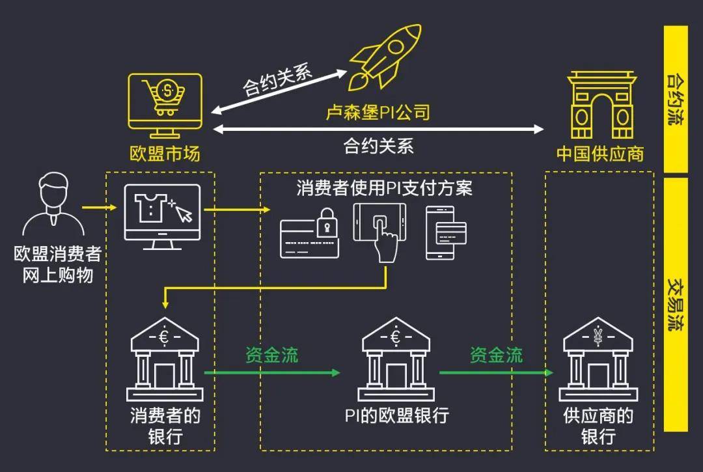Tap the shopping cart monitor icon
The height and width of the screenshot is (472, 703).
pyautogui.click(x=165, y=105)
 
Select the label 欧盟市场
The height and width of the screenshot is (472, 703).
pyautogui.click(x=165, y=154)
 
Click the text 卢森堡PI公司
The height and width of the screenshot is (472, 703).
pyautogui.click(x=378, y=113)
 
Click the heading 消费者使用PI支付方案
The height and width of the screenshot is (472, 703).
pyautogui.click(x=384, y=188)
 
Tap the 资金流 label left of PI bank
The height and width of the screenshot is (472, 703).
pyautogui.click(x=271, y=355)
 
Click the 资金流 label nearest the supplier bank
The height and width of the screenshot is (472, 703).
pyautogui.click(x=496, y=355)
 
